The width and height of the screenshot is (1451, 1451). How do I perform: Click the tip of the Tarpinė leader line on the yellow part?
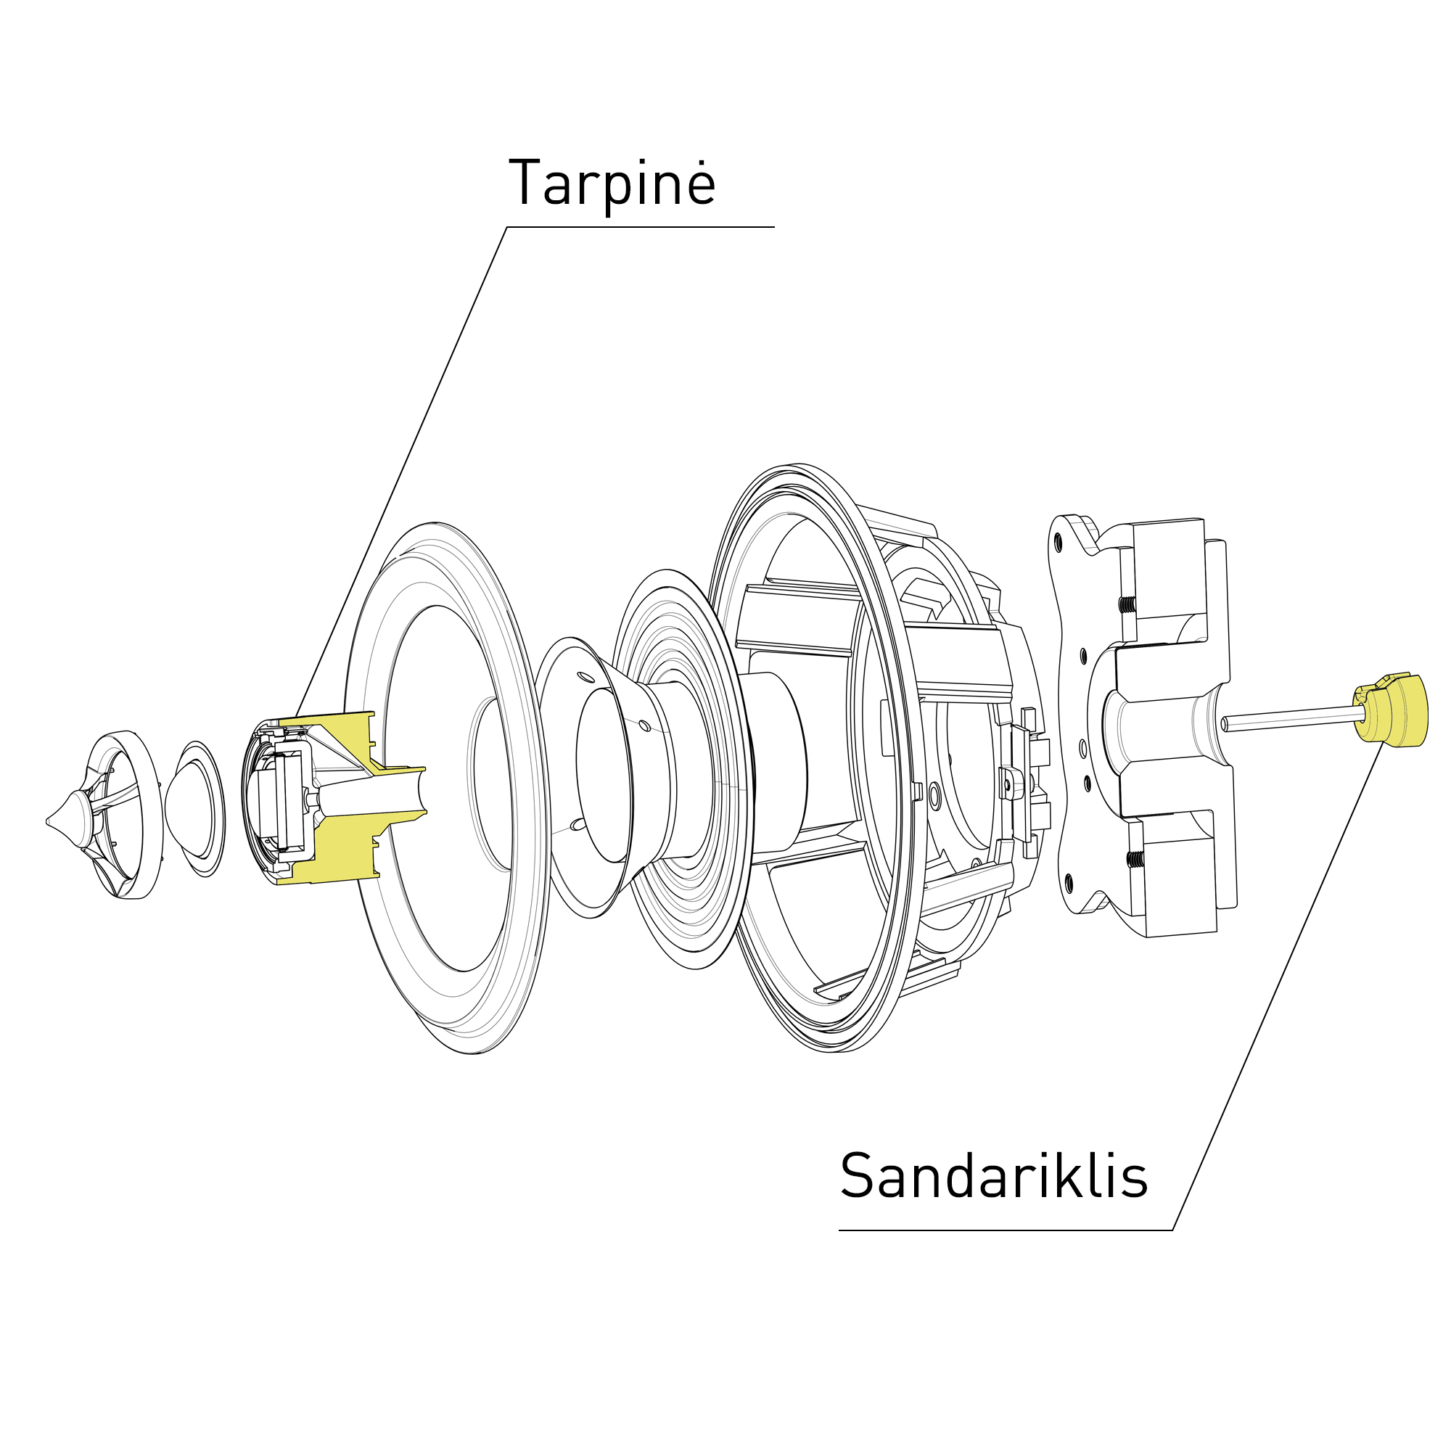pyautogui.click(x=296, y=718)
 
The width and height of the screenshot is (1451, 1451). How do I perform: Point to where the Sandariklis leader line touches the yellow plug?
pyautogui.click(x=1383, y=742)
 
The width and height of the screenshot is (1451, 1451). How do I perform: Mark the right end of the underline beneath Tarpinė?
pyautogui.click(x=774, y=227)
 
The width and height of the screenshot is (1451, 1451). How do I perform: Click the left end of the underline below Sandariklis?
pyautogui.click(x=839, y=1230)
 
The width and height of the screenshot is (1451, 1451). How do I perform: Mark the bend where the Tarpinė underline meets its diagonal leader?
pyautogui.click(x=507, y=227)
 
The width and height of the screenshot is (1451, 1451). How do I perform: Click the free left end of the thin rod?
pyautogui.click(x=1223, y=724)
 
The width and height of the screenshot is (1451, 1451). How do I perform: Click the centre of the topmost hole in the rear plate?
pyautogui.click(x=1059, y=540)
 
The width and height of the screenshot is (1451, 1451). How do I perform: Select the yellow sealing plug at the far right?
pyautogui.click(x=1390, y=710)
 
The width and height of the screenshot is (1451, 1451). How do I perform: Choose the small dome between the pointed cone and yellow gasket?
pyautogui.click(x=194, y=809)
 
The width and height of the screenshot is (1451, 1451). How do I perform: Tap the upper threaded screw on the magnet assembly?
pyautogui.click(x=1127, y=604)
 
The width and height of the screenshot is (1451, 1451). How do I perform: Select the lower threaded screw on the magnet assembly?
pyautogui.click(x=1135, y=858)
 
